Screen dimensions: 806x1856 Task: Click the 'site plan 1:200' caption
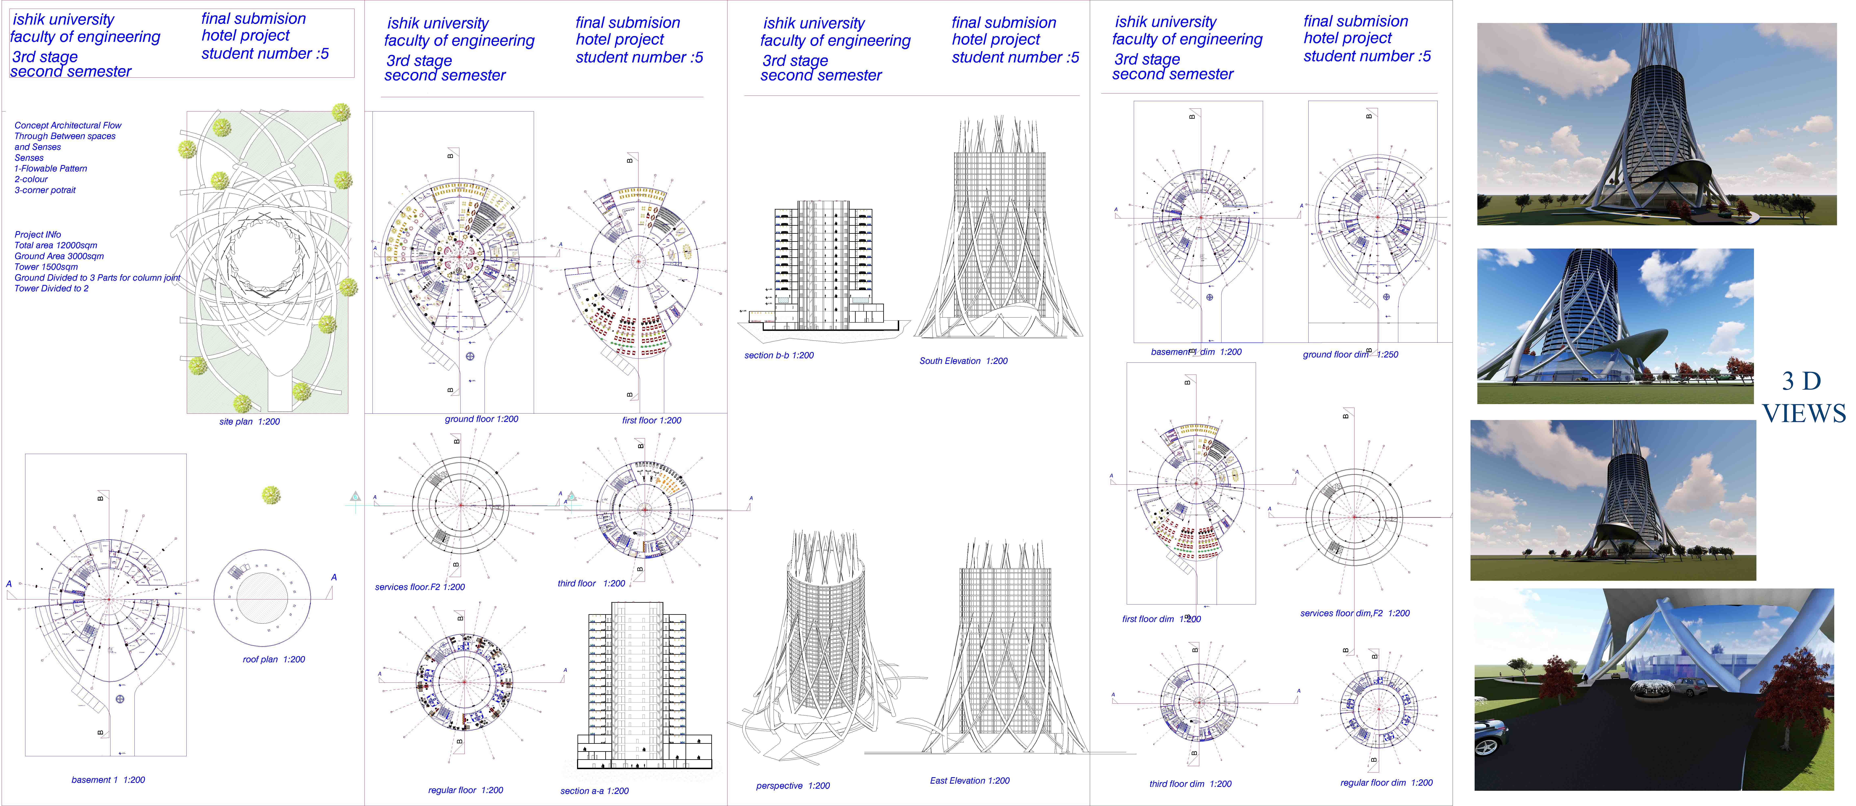(249, 421)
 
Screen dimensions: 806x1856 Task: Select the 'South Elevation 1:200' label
(963, 361)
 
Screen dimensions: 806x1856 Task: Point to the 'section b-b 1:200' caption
(779, 355)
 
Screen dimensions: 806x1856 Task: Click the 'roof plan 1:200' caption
(274, 659)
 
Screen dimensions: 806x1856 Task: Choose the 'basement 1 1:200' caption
(108, 779)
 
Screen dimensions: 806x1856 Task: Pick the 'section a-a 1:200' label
(594, 791)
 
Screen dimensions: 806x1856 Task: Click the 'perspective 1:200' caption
(793, 786)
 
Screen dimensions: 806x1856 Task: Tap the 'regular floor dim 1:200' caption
(1386, 782)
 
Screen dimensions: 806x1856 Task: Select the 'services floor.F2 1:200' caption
(420, 587)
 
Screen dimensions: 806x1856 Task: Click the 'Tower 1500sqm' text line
(46, 267)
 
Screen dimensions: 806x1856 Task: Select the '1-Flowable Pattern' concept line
(50, 168)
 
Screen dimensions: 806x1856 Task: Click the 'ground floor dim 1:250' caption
(1350, 354)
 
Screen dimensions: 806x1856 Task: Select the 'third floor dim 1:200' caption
(1190, 784)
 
